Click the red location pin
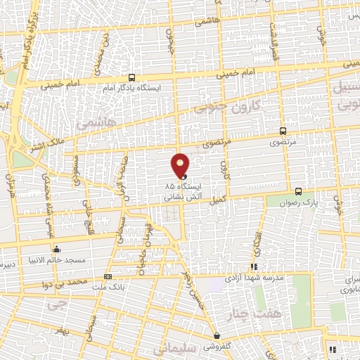(181, 165)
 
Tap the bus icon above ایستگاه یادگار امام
(132, 78)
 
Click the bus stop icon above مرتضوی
(283, 131)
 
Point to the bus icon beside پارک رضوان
(299, 191)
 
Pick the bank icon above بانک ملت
(108, 276)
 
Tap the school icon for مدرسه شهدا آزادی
(254, 267)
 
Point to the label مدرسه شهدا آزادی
(255, 278)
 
